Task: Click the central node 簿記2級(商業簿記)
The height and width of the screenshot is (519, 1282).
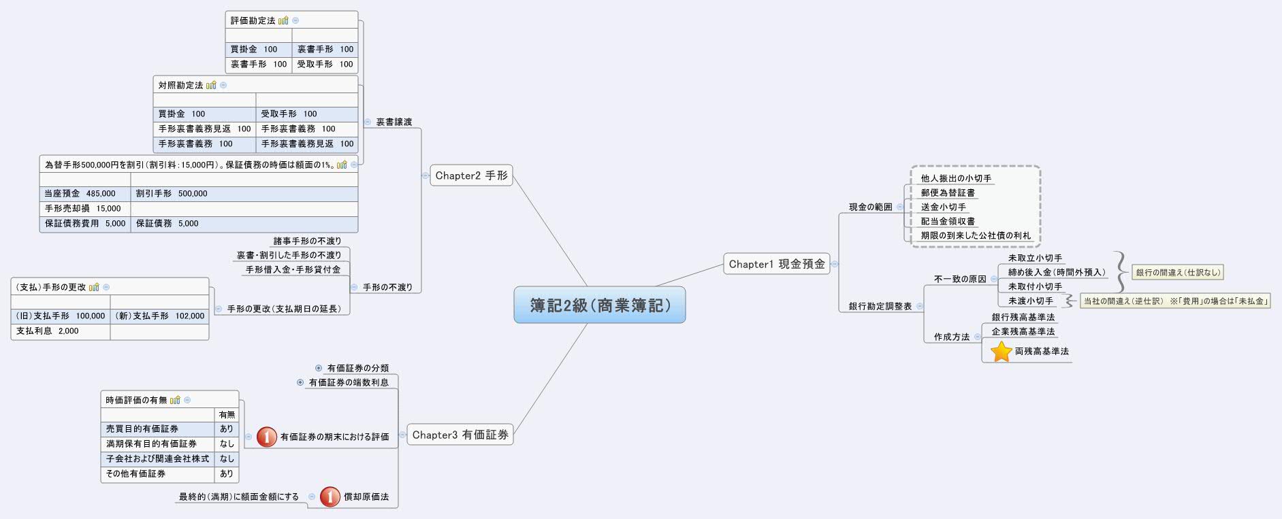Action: click(599, 305)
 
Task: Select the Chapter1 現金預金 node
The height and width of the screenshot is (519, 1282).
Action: click(776, 264)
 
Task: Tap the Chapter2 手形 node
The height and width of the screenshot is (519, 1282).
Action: click(471, 175)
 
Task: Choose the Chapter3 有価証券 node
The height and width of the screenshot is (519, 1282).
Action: click(460, 435)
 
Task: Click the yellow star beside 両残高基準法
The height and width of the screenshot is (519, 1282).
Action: click(1001, 352)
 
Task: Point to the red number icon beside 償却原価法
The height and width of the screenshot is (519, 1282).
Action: click(330, 497)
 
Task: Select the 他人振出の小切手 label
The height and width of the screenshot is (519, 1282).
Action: click(956, 178)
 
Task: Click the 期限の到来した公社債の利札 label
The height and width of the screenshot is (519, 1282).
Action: click(976, 235)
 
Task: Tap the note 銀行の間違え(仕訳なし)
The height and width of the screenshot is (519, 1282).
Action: click(1178, 273)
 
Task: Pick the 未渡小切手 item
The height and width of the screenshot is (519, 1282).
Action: click(1030, 301)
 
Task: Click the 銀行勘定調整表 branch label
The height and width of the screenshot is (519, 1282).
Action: click(880, 307)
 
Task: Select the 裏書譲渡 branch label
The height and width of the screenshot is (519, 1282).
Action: click(394, 122)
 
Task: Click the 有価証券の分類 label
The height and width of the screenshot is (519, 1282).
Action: click(357, 369)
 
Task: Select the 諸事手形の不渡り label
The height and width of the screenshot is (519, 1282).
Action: click(307, 241)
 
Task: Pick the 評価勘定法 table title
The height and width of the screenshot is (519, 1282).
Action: click(253, 21)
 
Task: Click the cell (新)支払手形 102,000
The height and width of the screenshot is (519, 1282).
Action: click(159, 316)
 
